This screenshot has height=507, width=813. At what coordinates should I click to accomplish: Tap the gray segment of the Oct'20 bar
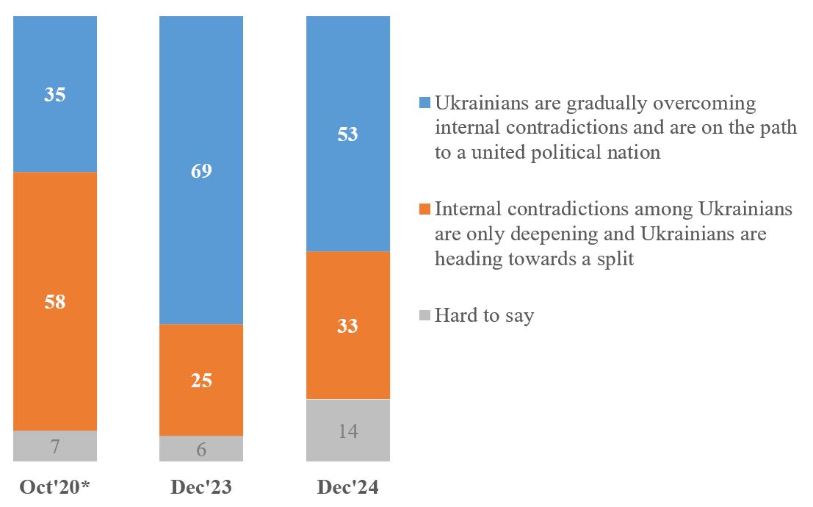pos(55,446)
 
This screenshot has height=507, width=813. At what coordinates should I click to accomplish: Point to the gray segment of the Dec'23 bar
pos(201,449)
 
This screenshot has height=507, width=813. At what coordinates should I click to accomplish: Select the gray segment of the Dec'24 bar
pos(347,430)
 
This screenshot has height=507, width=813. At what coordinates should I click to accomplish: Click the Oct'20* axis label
pos(55,488)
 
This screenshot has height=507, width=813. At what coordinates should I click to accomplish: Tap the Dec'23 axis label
pos(201,488)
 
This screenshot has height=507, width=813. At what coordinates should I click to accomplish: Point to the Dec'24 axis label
pos(347,488)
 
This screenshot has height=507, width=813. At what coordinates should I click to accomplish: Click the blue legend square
pos(424,104)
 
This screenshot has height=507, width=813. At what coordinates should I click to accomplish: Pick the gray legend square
pos(424,317)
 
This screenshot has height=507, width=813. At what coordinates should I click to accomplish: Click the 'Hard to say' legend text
pos(484,317)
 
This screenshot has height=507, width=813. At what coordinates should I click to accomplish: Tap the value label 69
pos(201,172)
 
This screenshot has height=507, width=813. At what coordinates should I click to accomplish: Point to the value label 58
pos(55,301)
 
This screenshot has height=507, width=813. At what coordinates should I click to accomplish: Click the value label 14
pos(347,431)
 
